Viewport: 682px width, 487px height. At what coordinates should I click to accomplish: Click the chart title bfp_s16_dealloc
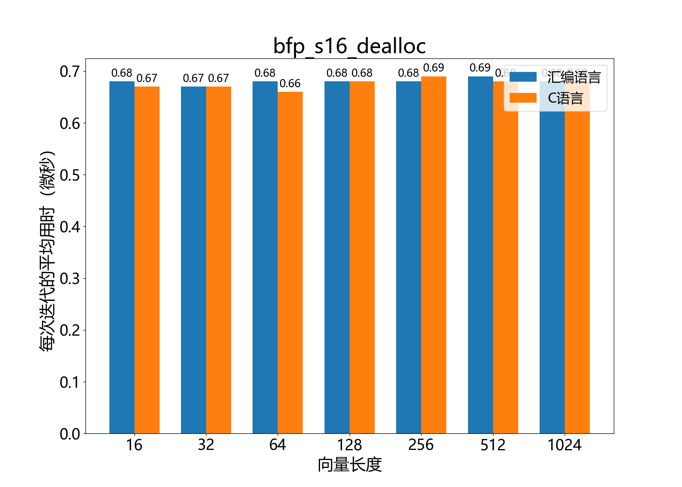point(349,46)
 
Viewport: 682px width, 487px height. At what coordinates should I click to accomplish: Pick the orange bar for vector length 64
point(290,262)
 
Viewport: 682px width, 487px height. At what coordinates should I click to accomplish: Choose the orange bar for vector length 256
point(434,255)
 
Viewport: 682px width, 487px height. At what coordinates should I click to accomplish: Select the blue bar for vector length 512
point(480,255)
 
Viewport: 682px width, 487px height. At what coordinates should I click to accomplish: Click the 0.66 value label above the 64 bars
point(290,83)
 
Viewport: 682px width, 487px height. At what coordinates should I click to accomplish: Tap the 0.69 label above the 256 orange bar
point(434,68)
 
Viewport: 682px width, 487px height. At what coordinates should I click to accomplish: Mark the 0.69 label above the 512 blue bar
point(480,68)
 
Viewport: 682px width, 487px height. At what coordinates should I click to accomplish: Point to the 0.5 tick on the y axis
point(70,175)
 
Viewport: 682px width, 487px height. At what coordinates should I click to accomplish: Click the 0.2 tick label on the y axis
point(70,330)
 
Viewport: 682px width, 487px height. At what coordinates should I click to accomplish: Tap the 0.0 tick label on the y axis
point(70,434)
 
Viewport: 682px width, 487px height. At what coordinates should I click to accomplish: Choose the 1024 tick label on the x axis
point(564,445)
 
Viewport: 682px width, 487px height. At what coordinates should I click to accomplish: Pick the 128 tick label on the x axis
point(349,445)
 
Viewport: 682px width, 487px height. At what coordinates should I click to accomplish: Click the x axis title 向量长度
point(349,465)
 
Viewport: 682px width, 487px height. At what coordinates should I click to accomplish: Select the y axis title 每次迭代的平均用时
point(48,251)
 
